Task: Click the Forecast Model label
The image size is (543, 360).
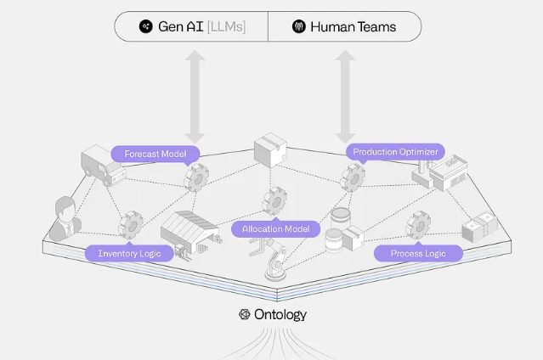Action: click(x=156, y=154)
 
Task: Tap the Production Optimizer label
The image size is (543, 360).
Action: click(x=395, y=152)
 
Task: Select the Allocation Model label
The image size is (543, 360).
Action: click(x=275, y=228)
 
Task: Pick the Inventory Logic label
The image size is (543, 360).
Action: click(x=129, y=253)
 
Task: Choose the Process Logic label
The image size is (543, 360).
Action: click(x=419, y=253)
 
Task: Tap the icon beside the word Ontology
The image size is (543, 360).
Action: click(x=244, y=314)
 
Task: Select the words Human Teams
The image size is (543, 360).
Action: click(x=353, y=26)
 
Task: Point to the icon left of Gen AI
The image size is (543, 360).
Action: click(x=145, y=26)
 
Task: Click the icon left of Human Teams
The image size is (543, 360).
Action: click(x=298, y=26)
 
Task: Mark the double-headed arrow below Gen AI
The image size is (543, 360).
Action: click(x=195, y=95)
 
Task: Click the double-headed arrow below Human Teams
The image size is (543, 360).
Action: click(x=345, y=95)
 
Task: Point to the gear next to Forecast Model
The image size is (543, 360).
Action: click(x=197, y=176)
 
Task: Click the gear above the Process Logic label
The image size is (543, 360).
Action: click(x=419, y=225)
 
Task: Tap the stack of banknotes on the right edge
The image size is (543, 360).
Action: click(x=475, y=228)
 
